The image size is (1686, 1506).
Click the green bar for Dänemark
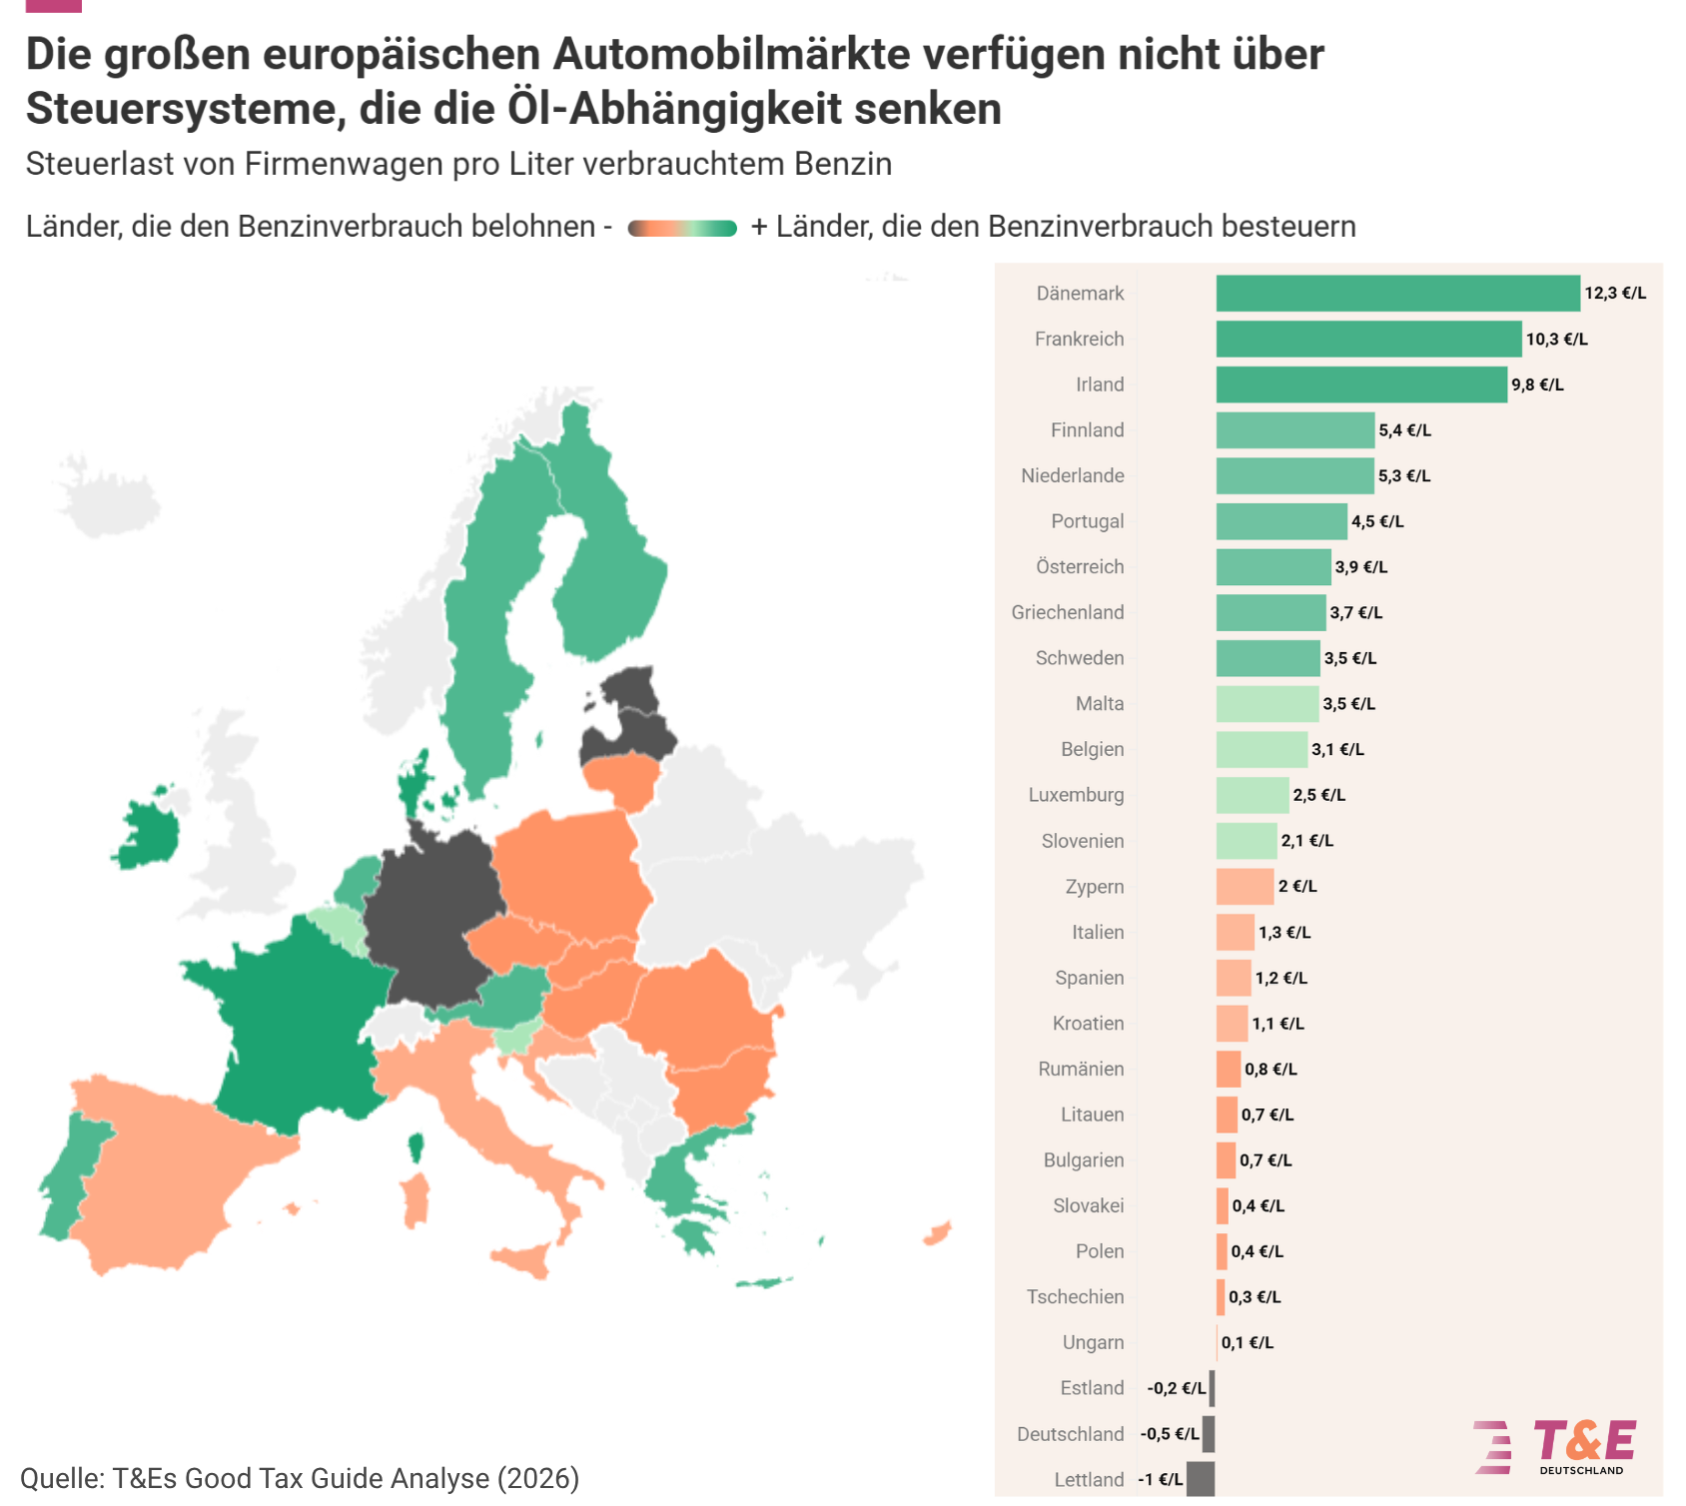tap(1398, 294)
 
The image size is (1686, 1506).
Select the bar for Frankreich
tap(1369, 339)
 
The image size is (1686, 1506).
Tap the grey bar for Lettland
tap(1201, 1479)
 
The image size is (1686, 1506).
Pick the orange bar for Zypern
tap(1246, 887)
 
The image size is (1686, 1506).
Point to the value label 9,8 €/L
tap(1537, 384)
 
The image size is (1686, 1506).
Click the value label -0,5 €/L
tap(1170, 1434)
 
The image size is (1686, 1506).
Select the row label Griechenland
tap(1068, 612)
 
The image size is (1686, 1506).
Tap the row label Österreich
tap(1080, 566)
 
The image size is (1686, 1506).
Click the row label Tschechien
tap(1076, 1296)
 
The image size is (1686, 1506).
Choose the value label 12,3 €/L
tap(1615, 294)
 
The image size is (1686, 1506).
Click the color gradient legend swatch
tap(682, 229)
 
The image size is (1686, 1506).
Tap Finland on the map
tap(609, 559)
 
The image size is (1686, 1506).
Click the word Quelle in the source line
tap(62, 1479)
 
